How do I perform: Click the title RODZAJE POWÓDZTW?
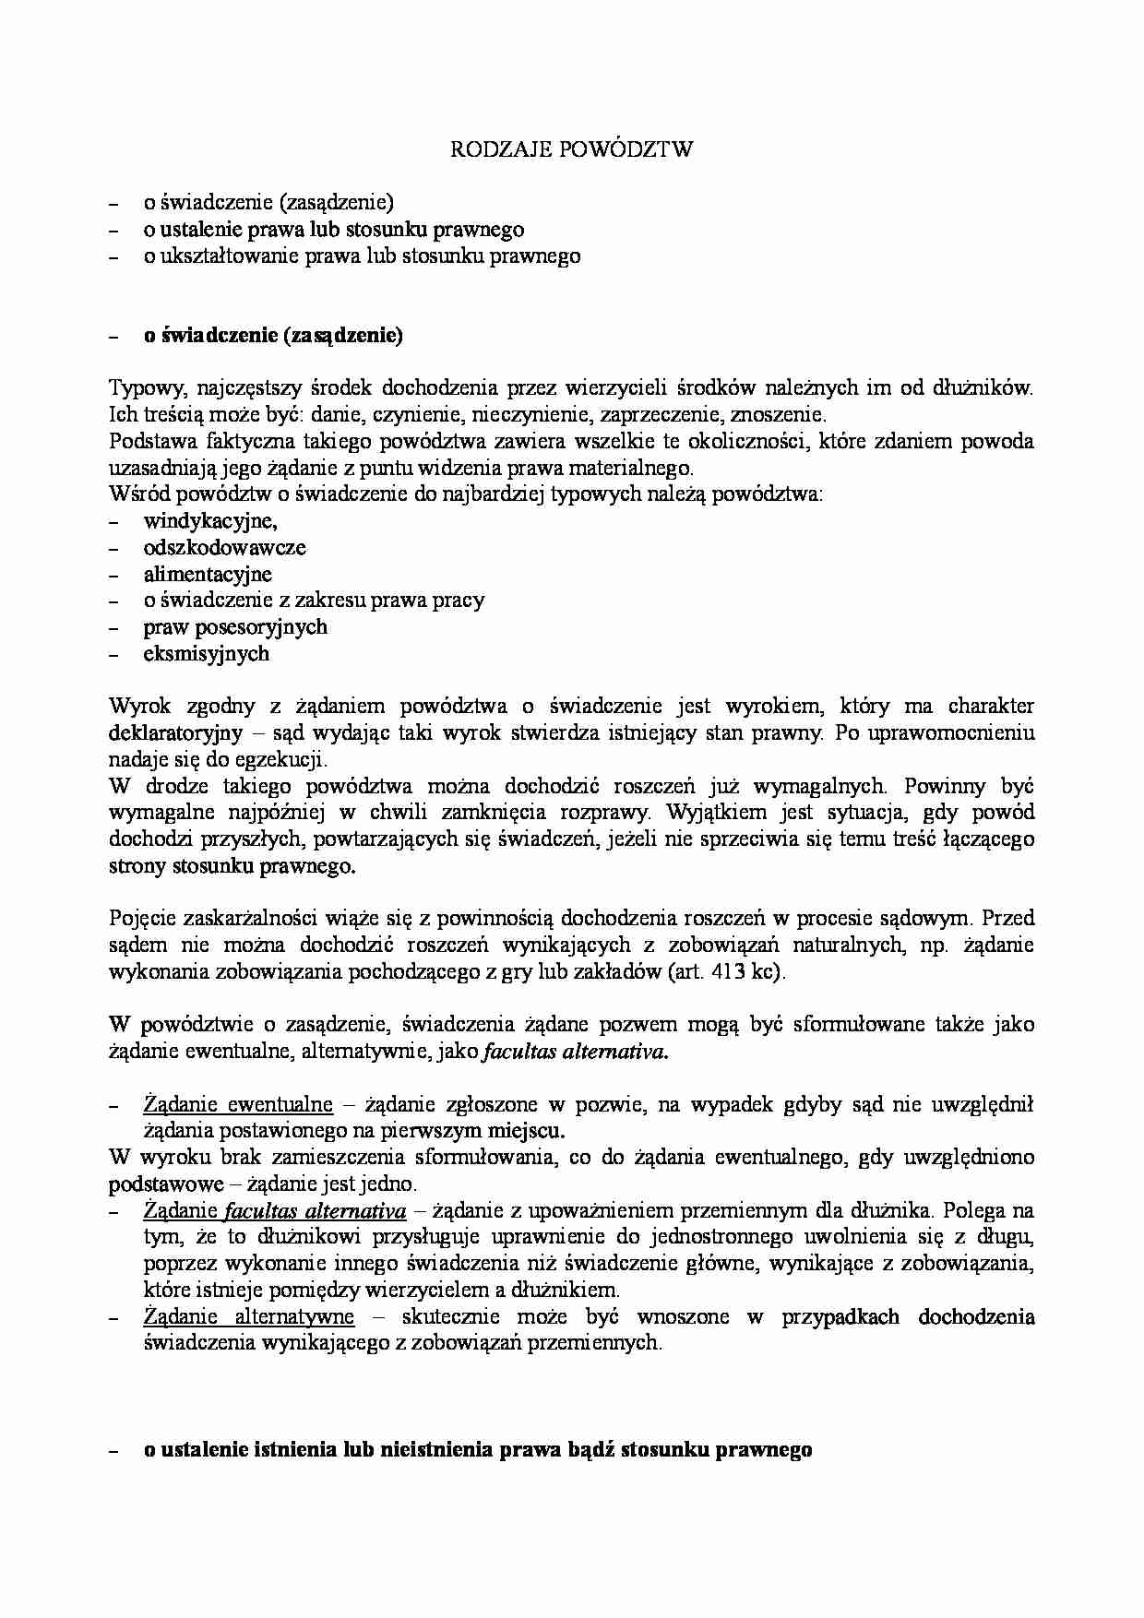(571, 149)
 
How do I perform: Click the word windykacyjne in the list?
(209, 520)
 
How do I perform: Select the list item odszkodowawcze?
(224, 547)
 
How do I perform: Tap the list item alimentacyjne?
(208, 574)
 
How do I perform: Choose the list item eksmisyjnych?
(207, 654)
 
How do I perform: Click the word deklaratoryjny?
(175, 733)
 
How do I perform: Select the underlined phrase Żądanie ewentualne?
(238, 1105)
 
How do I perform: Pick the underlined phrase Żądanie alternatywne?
(249, 1316)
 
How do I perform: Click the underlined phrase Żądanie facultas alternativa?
(275, 1210)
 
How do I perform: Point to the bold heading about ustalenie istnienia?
(477, 1449)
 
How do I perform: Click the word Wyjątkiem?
(714, 813)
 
